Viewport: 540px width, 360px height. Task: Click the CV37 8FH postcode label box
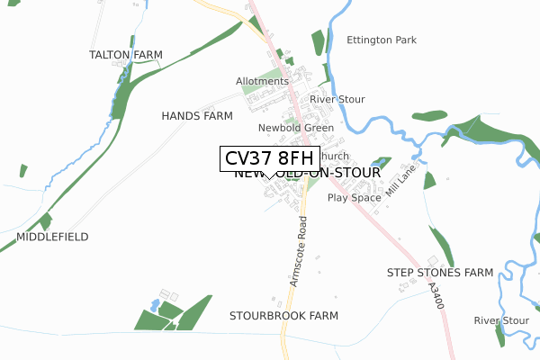click(x=269, y=158)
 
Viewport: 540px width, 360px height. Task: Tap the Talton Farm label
click(x=125, y=55)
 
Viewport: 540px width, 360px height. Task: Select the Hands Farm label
click(x=197, y=116)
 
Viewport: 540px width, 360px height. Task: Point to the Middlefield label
click(x=52, y=237)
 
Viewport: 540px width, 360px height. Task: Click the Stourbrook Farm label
click(x=283, y=316)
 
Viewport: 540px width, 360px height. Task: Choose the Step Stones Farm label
click(x=440, y=272)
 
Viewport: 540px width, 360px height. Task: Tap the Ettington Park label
click(x=382, y=40)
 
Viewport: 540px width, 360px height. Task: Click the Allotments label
click(x=262, y=81)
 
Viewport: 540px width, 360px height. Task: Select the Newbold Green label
click(x=296, y=128)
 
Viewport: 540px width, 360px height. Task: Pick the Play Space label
click(x=355, y=197)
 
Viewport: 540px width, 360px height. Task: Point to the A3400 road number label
click(x=436, y=296)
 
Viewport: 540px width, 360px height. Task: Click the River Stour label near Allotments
click(x=337, y=99)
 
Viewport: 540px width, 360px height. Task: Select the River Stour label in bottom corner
click(x=501, y=320)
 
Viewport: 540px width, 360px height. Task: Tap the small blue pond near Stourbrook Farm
click(x=154, y=306)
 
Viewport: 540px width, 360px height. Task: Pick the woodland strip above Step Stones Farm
click(x=441, y=244)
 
